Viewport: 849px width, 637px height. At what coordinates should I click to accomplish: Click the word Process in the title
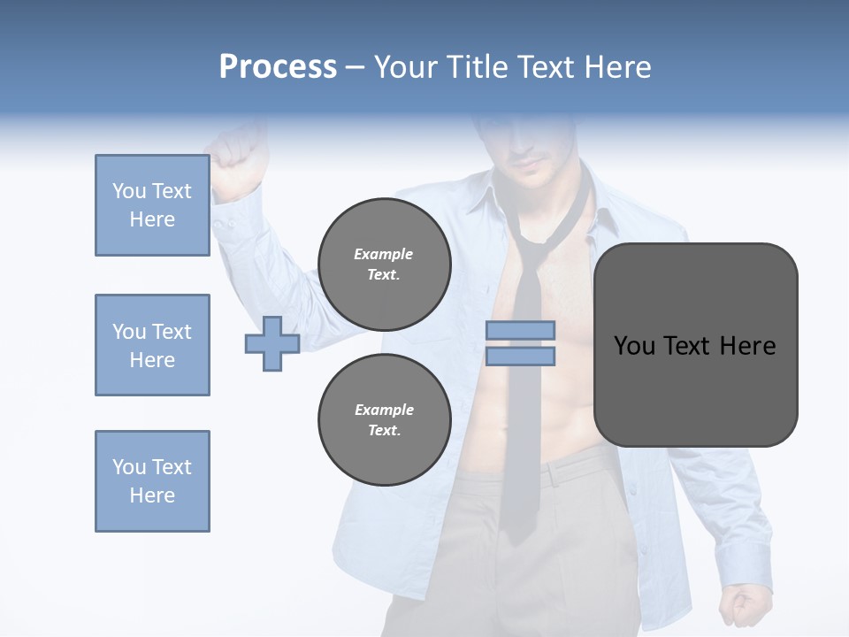pyautogui.click(x=278, y=67)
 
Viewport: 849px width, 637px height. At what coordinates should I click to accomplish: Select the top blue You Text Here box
pyautogui.click(x=152, y=205)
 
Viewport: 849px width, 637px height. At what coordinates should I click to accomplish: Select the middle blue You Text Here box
pyautogui.click(x=152, y=345)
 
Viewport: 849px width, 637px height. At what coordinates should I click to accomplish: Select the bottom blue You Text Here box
pyautogui.click(x=152, y=481)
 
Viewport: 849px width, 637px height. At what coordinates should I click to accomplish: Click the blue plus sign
pyautogui.click(x=272, y=343)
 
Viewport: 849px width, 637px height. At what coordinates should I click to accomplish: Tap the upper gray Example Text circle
pyautogui.click(x=385, y=265)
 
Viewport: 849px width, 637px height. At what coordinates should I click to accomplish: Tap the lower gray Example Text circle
pyautogui.click(x=385, y=420)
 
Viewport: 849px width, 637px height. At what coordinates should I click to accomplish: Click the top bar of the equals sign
pyautogui.click(x=520, y=331)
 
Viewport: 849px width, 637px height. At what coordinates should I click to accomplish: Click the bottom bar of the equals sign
pyautogui.click(x=520, y=356)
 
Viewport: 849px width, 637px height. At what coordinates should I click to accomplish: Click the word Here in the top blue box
pyautogui.click(x=152, y=219)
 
